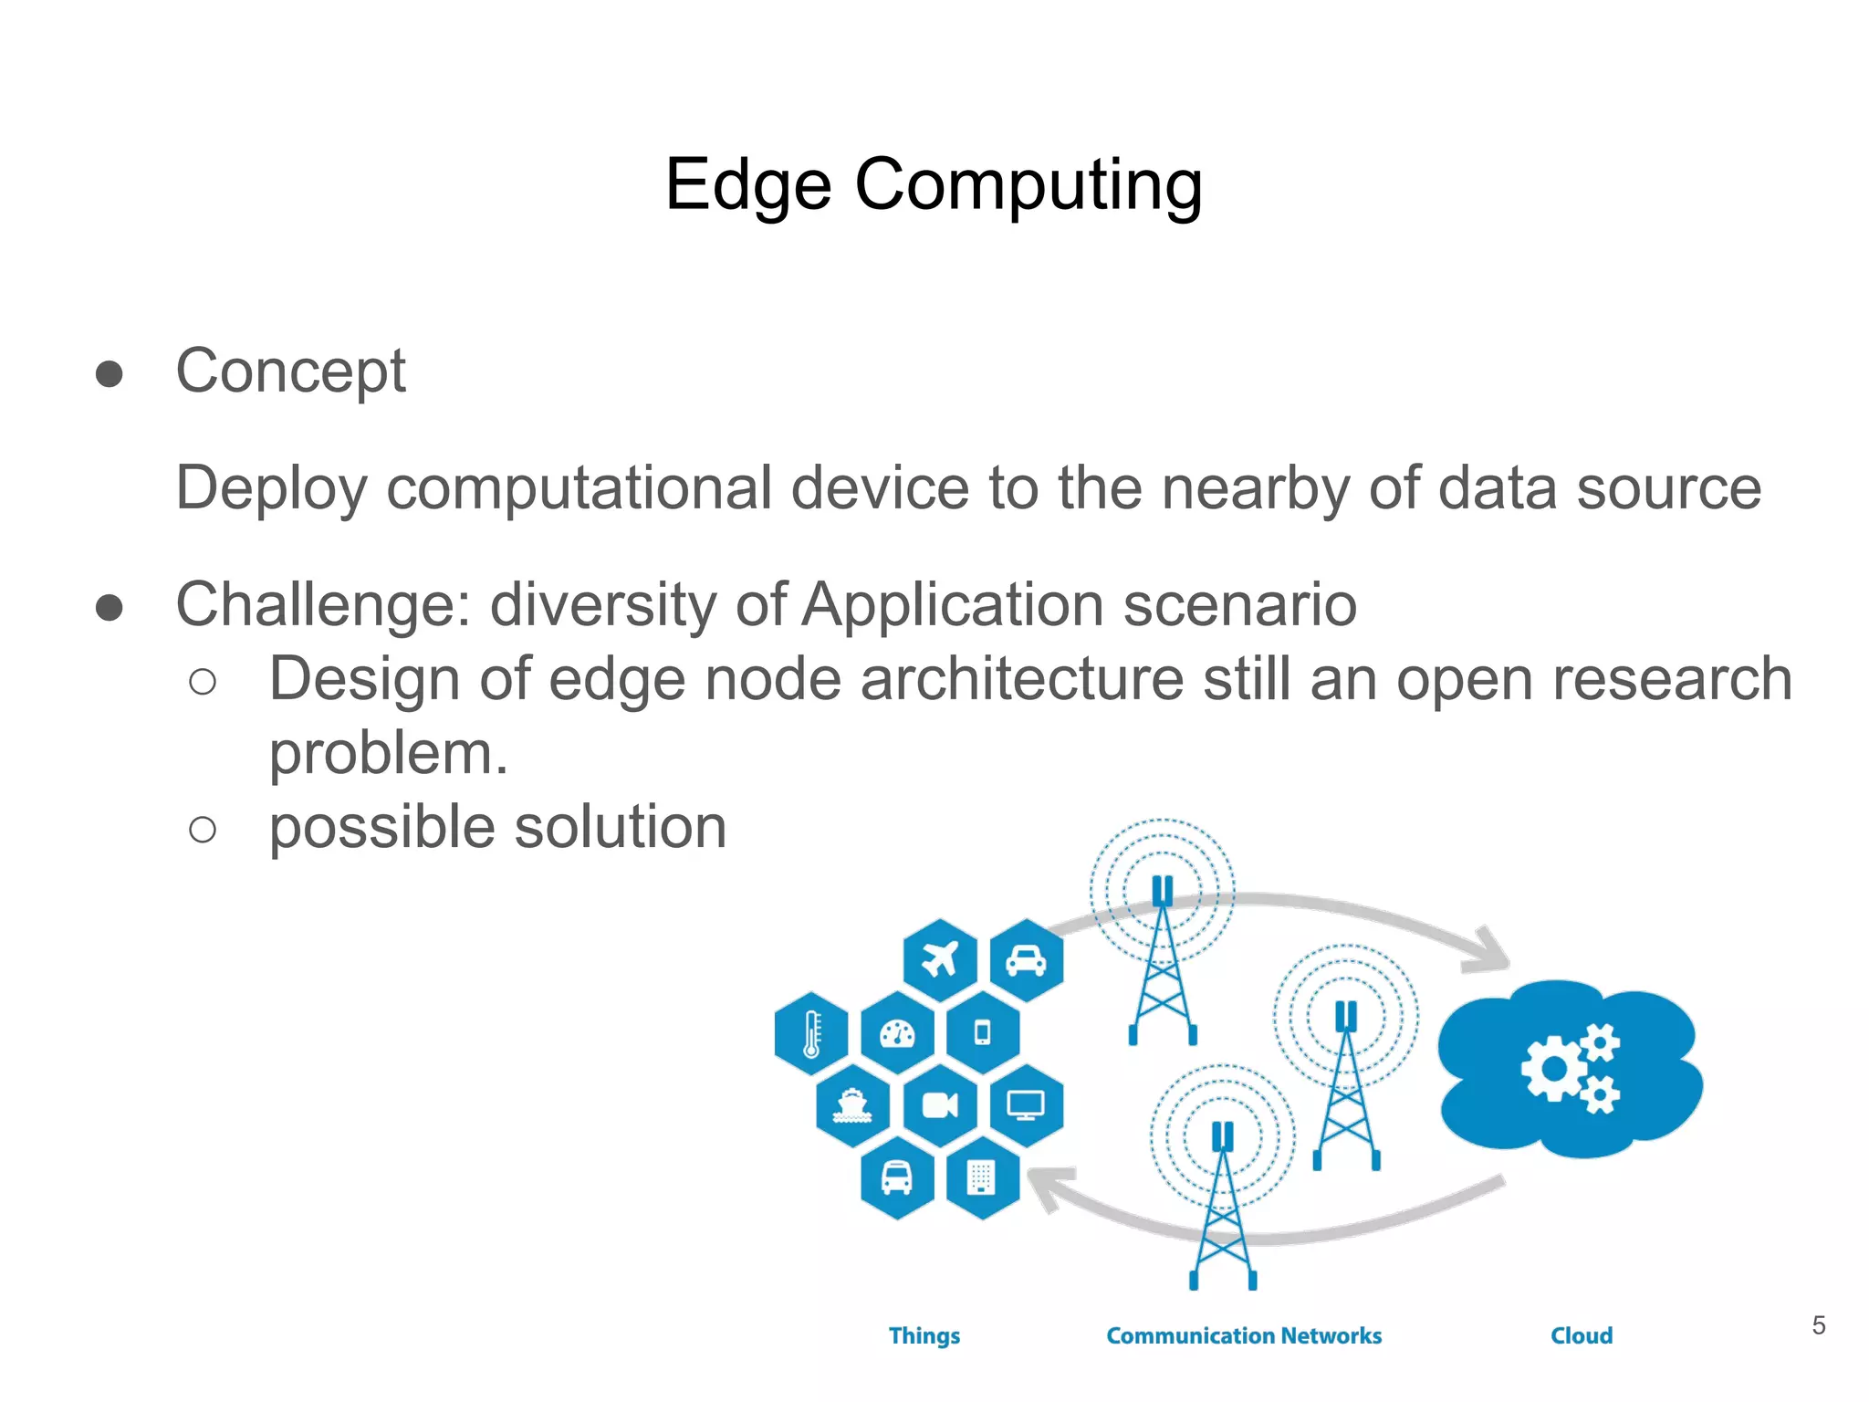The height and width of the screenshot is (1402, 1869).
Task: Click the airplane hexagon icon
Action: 939,960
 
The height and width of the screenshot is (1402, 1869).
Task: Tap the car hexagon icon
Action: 1026,960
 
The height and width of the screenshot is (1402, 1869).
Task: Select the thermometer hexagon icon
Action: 811,1033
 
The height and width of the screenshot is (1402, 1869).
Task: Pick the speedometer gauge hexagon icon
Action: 897,1033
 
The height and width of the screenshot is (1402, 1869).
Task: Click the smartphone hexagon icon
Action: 983,1033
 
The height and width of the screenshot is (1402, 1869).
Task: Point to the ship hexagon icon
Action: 852,1105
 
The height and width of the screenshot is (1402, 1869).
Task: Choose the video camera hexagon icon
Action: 939,1105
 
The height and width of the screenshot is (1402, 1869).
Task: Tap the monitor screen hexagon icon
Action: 1026,1105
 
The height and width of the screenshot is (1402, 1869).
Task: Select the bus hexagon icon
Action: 897,1177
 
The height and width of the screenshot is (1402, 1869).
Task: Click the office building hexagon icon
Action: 982,1177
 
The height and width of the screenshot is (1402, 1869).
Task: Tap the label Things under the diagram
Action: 924,1335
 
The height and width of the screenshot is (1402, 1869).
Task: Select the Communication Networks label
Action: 1244,1335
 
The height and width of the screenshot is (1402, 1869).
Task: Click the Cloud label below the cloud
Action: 1582,1335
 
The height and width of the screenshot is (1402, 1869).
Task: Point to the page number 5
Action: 1819,1325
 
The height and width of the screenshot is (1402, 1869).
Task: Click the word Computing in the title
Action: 1028,184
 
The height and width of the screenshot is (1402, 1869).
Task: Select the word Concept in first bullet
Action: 290,371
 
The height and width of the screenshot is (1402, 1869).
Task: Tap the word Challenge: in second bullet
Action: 323,605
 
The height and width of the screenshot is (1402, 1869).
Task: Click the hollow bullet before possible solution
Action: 203,829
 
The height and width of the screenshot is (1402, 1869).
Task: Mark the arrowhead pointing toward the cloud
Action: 1488,953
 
